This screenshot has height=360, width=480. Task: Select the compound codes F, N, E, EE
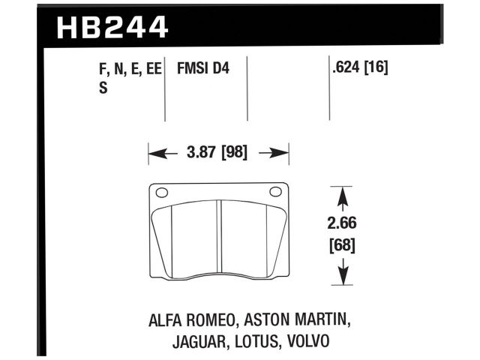(130, 68)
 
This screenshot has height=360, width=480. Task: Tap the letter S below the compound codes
(103, 86)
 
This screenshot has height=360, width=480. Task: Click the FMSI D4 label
(203, 68)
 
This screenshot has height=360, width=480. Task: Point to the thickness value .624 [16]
(359, 68)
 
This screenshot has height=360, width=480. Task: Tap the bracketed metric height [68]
(343, 244)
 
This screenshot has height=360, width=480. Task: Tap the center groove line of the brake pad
(218, 240)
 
